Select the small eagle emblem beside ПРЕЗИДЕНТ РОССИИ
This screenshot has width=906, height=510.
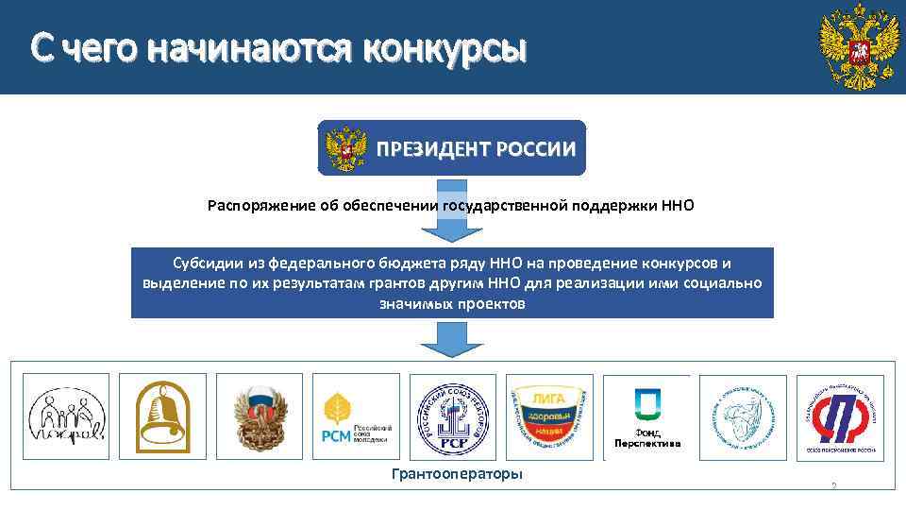345,149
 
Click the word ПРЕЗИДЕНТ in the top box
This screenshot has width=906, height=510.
429,149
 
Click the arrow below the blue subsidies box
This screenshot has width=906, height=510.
451,338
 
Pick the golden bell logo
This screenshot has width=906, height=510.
162,416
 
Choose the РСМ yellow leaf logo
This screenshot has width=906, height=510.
355,416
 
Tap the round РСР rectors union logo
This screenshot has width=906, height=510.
452,416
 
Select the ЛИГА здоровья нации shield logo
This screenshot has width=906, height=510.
549,416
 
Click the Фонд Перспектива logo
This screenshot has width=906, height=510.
646,416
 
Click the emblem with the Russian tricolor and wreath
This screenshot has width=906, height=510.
259,416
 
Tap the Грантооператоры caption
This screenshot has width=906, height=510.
456,473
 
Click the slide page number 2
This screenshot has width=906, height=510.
833,486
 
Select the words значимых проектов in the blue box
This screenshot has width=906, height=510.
452,305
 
